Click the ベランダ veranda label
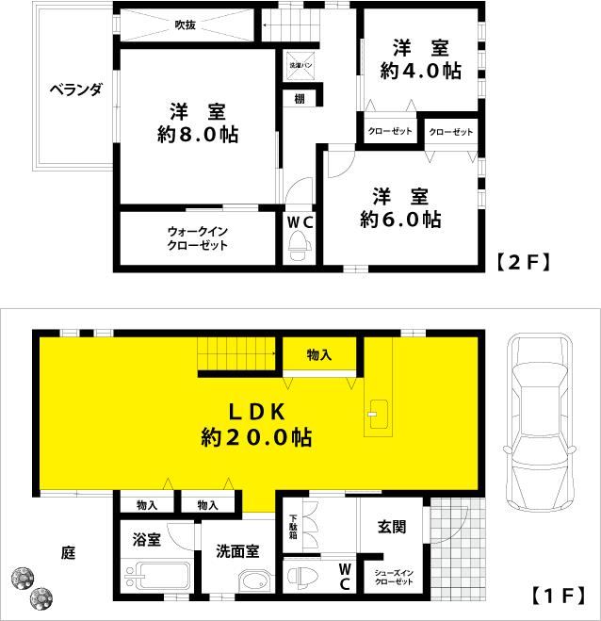[x=76, y=90]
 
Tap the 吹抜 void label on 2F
[x=186, y=25]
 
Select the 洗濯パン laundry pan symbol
[x=300, y=65]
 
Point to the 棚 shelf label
[x=300, y=98]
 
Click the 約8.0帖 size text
[x=198, y=135]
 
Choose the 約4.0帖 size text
[x=421, y=71]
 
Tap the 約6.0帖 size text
[x=400, y=219]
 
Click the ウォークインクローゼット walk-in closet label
[x=198, y=238]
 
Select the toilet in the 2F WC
[x=300, y=246]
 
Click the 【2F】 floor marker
[x=524, y=262]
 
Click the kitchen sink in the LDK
[x=378, y=415]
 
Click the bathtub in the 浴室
[x=157, y=575]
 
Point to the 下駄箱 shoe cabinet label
[x=293, y=527]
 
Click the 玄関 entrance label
[x=392, y=527]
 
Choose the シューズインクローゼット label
[x=394, y=578]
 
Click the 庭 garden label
[x=68, y=552]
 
